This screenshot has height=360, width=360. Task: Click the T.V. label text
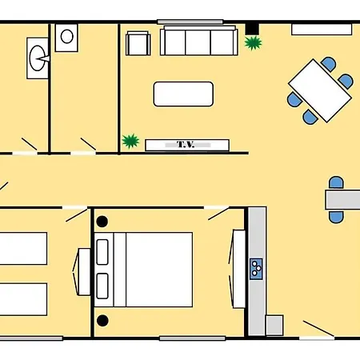tap(186, 145)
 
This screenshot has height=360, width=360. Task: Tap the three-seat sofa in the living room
tap(199, 41)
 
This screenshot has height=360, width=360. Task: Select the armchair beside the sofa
tap(138, 43)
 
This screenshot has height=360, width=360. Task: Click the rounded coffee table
tap(183, 94)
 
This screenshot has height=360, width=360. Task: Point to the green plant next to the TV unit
tap(130, 141)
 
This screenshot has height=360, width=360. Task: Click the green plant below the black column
tap(253, 43)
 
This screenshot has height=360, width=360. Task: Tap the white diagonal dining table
tap(320, 91)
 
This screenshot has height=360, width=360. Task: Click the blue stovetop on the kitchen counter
tap(256, 269)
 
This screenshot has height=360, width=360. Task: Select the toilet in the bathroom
tap(38, 58)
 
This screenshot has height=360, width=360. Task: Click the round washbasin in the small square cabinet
tap(66, 37)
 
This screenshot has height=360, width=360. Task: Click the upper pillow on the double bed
tap(102, 252)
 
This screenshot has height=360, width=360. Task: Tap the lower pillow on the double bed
tap(102, 286)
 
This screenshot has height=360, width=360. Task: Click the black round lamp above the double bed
tap(102, 222)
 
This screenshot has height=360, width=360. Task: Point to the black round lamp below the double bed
tap(102, 321)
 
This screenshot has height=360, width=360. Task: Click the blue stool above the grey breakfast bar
tap(336, 182)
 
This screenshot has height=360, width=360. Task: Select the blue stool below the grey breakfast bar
tap(336, 217)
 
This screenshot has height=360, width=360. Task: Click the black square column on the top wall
tap(252, 29)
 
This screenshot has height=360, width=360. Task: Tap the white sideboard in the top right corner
tap(322, 30)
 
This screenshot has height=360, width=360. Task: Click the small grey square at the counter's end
tap(274, 325)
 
